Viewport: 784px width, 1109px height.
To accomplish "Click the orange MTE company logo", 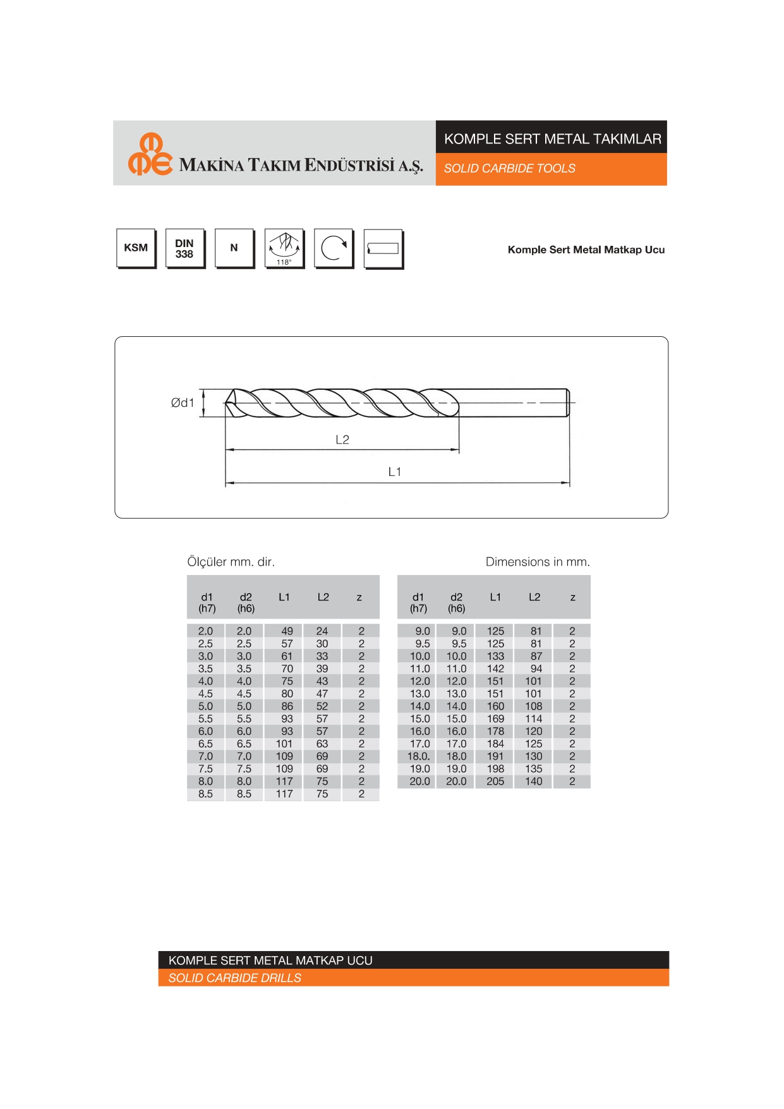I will click(150, 155).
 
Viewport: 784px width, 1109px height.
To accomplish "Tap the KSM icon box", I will click(136, 248).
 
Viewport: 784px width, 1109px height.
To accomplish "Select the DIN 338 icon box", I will click(184, 248).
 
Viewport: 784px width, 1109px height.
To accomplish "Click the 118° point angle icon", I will click(284, 248).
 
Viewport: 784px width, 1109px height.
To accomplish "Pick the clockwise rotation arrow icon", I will click(333, 248).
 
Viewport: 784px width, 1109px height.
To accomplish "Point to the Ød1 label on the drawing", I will click(183, 403).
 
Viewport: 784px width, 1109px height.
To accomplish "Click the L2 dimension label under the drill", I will click(342, 440).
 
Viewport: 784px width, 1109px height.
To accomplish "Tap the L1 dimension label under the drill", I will click(395, 472).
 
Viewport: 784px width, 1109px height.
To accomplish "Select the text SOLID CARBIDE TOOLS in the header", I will click(510, 169).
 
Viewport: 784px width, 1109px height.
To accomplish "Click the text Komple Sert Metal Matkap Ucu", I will click(586, 250).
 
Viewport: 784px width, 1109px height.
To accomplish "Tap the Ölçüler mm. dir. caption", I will click(231, 562).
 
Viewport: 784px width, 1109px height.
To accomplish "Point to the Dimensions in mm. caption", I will click(538, 562).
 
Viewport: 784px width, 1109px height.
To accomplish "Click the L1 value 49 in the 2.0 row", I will click(287, 631).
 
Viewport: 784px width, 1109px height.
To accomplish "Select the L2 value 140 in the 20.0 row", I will click(533, 782).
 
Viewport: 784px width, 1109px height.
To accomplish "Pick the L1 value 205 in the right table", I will click(495, 782).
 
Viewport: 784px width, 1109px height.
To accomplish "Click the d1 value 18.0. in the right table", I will click(418, 756).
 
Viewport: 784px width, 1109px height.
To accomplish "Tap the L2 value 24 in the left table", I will click(322, 631).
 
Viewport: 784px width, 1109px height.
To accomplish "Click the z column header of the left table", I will click(359, 597).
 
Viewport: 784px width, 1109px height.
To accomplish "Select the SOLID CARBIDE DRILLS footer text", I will click(234, 978).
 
